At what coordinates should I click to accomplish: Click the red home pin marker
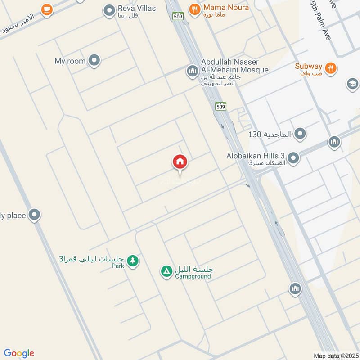pyautogui.click(x=180, y=162)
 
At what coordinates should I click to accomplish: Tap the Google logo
pyautogui.click(x=18, y=353)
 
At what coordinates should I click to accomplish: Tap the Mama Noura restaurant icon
pyautogui.click(x=195, y=9)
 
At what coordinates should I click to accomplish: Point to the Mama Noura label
pyautogui.click(x=226, y=8)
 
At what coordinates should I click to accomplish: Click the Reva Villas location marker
pyautogui.click(x=109, y=10)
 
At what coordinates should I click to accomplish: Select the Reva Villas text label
pyautogui.click(x=137, y=8)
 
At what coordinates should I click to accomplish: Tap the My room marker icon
pyautogui.click(x=94, y=61)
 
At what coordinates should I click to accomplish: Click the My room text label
pyautogui.click(x=70, y=61)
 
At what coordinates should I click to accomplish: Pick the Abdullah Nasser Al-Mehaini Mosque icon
pyautogui.click(x=193, y=71)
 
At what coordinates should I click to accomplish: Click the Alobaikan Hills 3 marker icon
pyautogui.click(x=293, y=158)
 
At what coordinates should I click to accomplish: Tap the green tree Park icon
pyautogui.click(x=132, y=261)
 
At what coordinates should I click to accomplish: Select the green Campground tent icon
pyautogui.click(x=166, y=271)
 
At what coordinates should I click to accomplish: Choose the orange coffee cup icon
pyautogui.click(x=46, y=9)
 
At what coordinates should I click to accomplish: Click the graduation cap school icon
pyautogui.click(x=352, y=84)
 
